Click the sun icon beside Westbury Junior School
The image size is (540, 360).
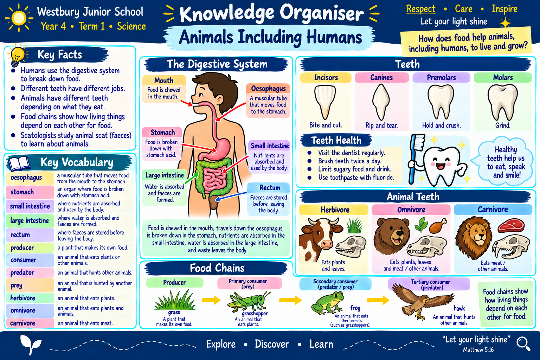point(19,18)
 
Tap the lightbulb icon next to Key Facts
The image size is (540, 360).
point(17,56)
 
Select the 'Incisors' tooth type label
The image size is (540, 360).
point(326,77)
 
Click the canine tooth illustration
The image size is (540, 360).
point(381,102)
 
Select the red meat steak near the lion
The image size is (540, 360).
point(511,225)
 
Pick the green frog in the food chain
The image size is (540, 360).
point(327,303)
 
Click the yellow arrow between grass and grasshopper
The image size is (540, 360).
point(211,300)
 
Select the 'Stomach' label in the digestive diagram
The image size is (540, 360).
point(163,132)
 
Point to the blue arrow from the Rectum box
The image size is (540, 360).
point(231,196)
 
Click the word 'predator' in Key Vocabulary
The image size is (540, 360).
point(22,273)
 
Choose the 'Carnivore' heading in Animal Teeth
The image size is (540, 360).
point(493,209)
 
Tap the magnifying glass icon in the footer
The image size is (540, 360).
point(523,344)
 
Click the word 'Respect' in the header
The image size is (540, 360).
point(421,9)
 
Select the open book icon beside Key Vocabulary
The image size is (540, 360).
point(19,163)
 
